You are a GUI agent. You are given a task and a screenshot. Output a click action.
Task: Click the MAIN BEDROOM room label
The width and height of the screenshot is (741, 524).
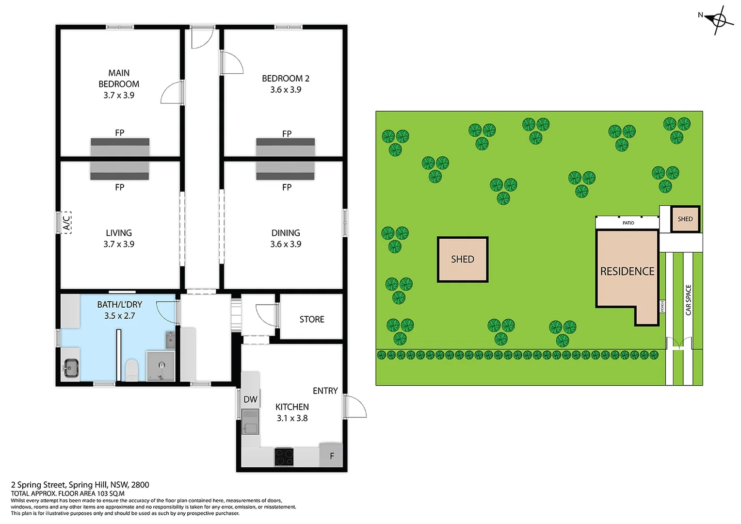(x=119, y=79)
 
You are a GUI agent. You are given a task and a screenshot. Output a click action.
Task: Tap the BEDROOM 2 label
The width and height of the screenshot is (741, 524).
(x=286, y=79)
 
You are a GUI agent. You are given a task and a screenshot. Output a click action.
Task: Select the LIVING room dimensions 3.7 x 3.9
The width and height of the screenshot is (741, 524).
(x=119, y=245)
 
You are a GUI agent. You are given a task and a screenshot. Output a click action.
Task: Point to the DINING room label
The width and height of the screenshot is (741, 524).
(x=286, y=233)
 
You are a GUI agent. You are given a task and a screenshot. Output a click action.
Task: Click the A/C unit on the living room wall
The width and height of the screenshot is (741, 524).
(x=66, y=222)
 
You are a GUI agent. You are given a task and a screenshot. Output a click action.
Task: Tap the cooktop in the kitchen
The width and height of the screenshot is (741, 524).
(x=284, y=457)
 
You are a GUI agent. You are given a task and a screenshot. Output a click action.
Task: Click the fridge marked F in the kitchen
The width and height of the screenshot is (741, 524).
(x=331, y=455)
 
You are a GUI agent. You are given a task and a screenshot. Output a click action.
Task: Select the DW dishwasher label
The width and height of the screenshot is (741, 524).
(x=250, y=399)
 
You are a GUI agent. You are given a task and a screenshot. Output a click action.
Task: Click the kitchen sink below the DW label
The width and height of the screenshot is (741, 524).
(x=250, y=423)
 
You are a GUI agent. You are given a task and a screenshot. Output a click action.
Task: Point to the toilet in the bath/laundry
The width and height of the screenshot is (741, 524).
(x=131, y=370)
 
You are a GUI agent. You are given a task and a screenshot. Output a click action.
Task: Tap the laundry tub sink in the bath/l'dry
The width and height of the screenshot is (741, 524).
(x=71, y=368)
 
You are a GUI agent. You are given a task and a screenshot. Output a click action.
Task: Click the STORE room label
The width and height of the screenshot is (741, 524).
(x=312, y=319)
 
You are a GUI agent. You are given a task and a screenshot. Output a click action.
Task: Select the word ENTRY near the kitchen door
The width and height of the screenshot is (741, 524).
(x=325, y=391)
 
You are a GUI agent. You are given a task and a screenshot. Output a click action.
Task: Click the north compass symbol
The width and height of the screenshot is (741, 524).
(x=718, y=20)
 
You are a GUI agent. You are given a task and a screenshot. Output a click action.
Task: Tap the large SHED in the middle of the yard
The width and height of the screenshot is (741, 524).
(x=463, y=260)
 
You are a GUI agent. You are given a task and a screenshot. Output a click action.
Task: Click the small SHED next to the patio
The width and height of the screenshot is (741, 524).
(x=685, y=219)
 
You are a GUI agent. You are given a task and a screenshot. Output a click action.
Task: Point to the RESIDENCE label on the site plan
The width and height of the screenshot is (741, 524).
(x=627, y=271)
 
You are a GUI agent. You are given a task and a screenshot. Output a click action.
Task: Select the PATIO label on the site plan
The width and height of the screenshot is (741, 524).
(x=628, y=223)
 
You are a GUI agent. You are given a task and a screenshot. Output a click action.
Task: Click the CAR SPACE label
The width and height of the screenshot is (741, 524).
(x=688, y=300)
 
